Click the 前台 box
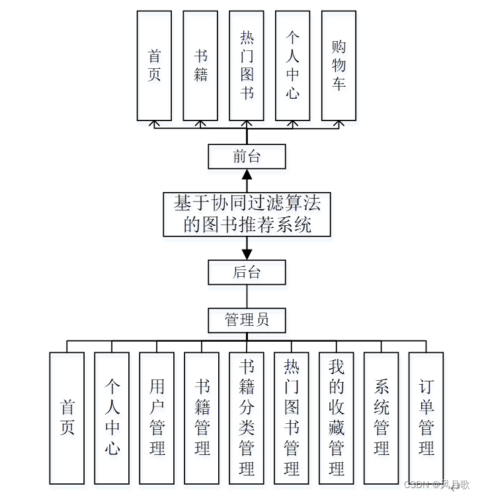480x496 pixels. point(247,157)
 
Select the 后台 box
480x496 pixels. point(247,272)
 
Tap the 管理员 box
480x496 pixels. point(247,321)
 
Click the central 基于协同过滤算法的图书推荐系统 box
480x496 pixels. point(247,214)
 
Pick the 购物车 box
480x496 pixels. point(339,66)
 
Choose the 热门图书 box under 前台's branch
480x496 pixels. point(247,66)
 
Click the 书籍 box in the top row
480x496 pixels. point(200,66)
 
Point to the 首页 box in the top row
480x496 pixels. point(154,66)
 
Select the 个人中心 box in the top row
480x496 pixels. point(292,66)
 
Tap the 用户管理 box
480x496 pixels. point(157,417)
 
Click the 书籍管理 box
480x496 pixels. point(202,417)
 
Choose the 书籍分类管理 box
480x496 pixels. point(247,417)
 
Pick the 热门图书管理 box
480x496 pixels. point(292,417)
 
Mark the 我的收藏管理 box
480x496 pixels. point(336,417)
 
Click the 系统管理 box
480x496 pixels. point(381,417)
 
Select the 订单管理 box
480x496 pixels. point(426,417)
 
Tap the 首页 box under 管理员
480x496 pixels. point(67,417)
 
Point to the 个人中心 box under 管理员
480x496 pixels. point(112,417)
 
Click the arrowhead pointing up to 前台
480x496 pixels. point(247,175)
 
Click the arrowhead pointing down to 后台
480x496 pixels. point(247,254)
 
